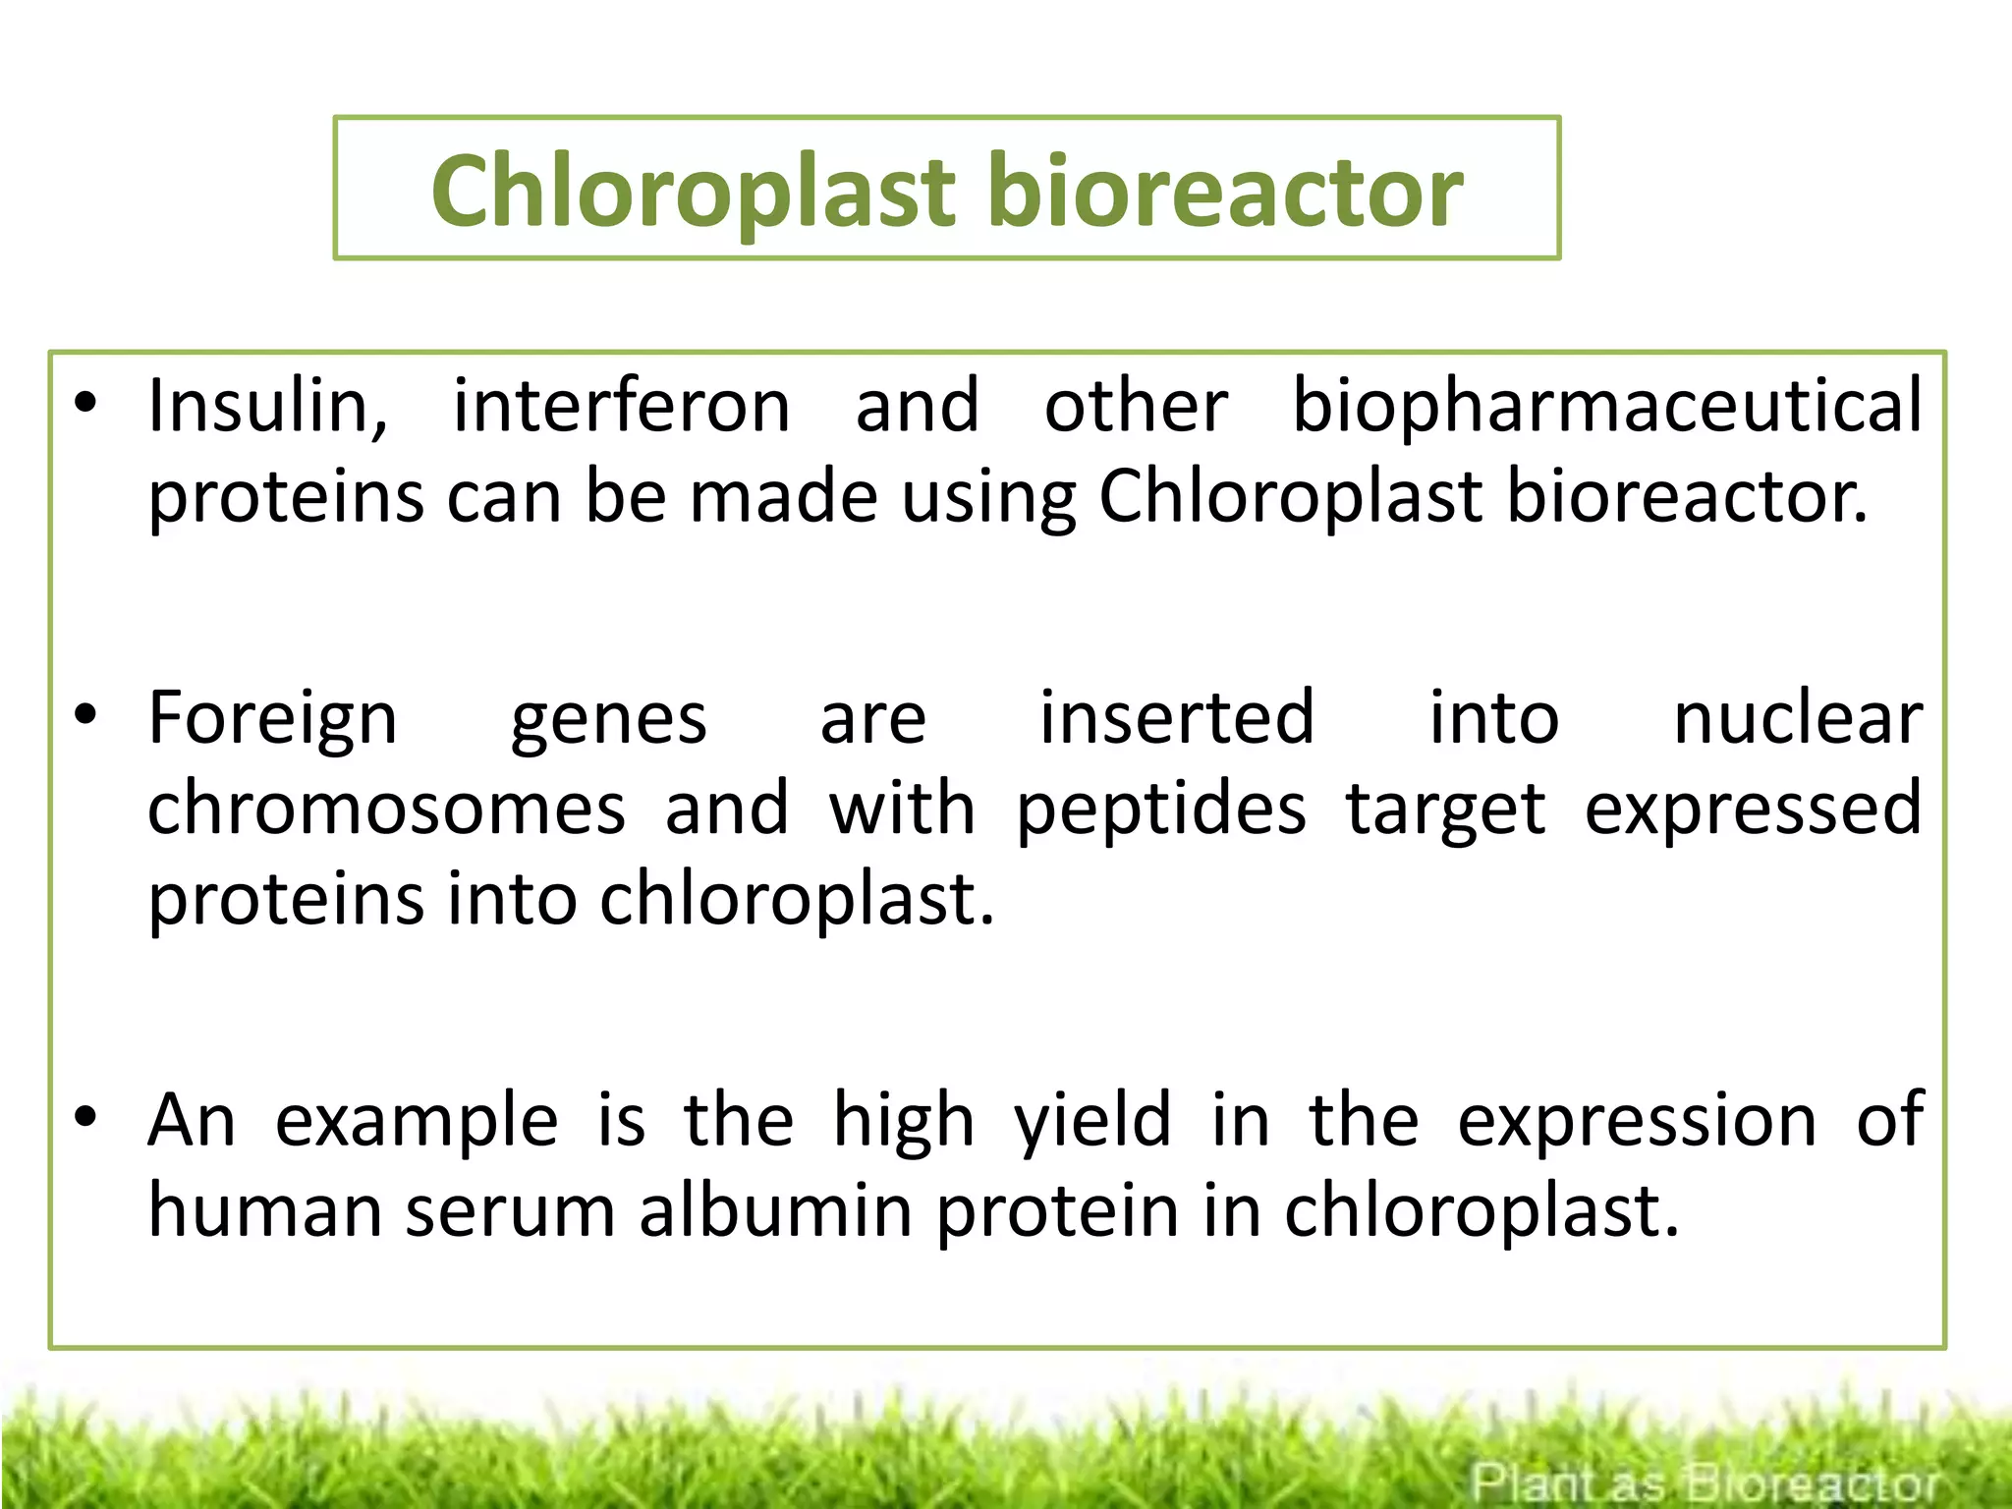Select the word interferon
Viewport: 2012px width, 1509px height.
(x=621, y=406)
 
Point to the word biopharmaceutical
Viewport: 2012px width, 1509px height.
(x=1606, y=406)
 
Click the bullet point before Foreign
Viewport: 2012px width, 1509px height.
(x=86, y=716)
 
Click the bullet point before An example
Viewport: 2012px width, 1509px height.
(x=86, y=1117)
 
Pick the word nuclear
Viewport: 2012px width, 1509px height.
(x=1797, y=720)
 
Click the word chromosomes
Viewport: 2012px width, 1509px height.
(x=386, y=810)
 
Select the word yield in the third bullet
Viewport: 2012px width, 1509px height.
(x=1092, y=1122)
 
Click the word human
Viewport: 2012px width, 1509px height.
(x=264, y=1210)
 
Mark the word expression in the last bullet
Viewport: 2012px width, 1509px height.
(x=1637, y=1122)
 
